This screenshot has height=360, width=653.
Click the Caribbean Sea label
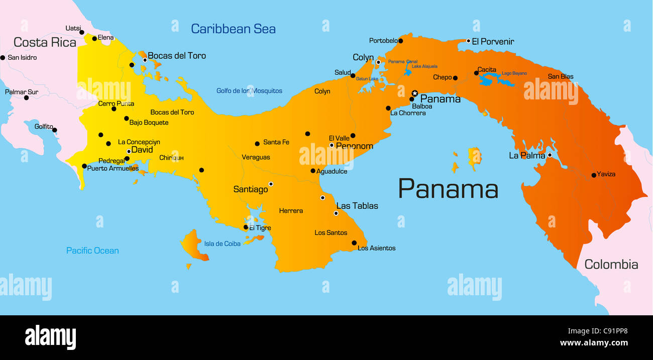coord(233,29)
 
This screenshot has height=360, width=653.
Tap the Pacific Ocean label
coord(92,251)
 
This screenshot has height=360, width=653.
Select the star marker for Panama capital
coord(415,93)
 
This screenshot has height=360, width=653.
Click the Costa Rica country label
coord(45,42)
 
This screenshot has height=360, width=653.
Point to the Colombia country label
coord(611,265)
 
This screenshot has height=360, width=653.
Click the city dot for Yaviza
coord(594,175)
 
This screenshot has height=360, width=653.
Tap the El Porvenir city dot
coord(468,41)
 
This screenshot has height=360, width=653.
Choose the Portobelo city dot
coord(400,41)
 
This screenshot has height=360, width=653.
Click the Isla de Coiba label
coord(222,244)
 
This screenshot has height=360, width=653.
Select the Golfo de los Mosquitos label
coord(249,91)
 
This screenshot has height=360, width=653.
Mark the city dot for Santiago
coord(271,184)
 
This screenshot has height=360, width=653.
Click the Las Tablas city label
coord(357,206)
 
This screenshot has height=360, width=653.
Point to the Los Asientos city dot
coord(354,243)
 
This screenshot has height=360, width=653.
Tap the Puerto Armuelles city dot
coord(84,166)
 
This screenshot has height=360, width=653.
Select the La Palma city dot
coord(550,155)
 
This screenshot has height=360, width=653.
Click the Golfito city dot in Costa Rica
coord(55,130)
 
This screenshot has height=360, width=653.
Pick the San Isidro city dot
coord(3,58)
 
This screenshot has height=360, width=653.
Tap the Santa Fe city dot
coord(257,144)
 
